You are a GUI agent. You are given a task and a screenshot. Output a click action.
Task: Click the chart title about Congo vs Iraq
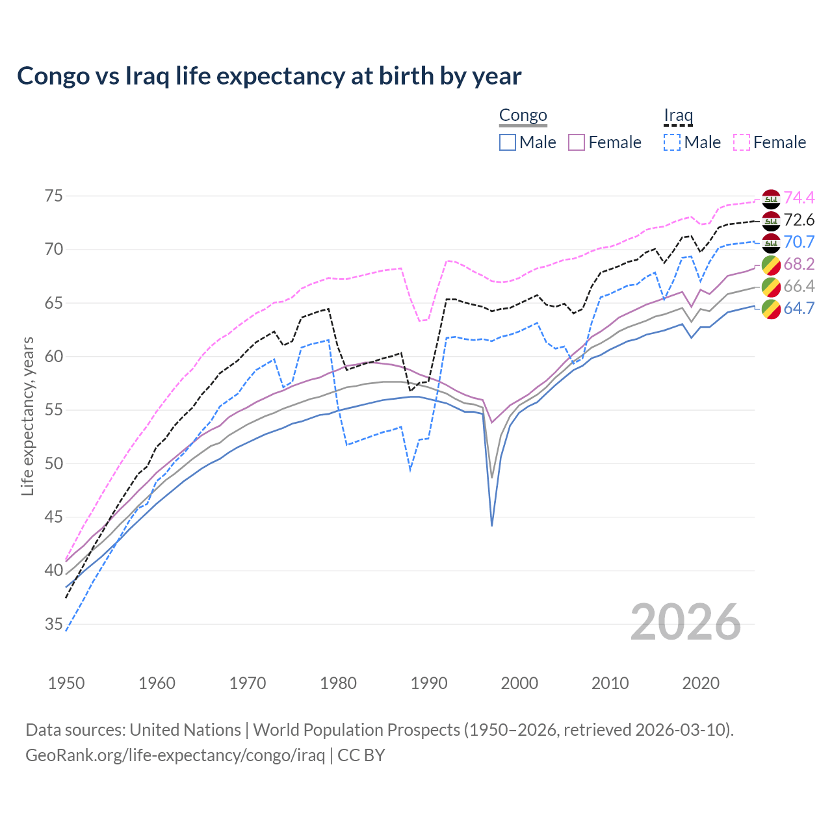[269, 76]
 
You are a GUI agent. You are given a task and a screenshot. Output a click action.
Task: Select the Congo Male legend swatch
[508, 142]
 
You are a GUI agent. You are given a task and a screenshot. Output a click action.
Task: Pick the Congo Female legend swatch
[577, 142]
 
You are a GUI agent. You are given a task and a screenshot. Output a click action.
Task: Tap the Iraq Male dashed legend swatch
[672, 142]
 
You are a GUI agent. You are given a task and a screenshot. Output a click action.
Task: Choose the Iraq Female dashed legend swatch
[742, 142]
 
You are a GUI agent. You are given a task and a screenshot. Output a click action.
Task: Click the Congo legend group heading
[523, 116]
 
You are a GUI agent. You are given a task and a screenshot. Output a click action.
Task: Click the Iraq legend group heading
[678, 116]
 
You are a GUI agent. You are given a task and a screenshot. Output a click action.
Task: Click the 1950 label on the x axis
[66, 683]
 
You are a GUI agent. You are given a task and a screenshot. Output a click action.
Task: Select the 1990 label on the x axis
[429, 683]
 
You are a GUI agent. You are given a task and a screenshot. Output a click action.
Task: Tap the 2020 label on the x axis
[701, 683]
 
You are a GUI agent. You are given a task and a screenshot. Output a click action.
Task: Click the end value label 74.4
[799, 198]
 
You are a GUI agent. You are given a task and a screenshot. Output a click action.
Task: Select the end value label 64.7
[799, 308]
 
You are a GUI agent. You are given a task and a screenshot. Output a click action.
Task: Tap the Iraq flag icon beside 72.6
[771, 220]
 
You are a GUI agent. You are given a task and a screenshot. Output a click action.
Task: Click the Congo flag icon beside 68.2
[771, 265]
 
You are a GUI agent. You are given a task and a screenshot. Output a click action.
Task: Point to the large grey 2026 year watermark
[686, 622]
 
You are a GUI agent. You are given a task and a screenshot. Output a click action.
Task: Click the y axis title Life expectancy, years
[27, 416]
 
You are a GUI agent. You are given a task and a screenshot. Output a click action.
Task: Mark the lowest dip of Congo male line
[492, 525]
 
